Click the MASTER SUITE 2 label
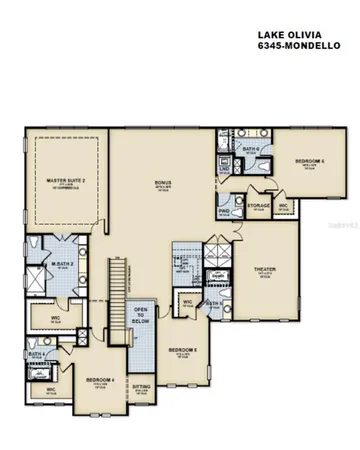63,181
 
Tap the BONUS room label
163,182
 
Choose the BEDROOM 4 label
100,380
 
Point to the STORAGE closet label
259,205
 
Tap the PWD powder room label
225,212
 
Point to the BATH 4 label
37,354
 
